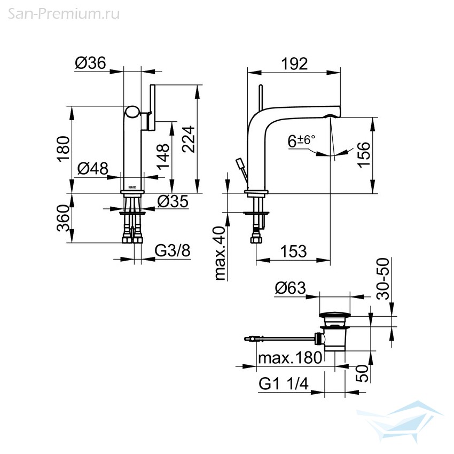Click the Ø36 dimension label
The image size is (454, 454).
[91, 63]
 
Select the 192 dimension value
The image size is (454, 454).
[294, 64]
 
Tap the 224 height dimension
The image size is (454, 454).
[189, 139]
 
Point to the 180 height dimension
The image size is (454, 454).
[64, 149]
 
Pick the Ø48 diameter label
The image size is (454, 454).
[92, 168]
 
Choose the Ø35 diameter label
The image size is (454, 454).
[173, 201]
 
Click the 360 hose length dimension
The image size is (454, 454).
[64, 218]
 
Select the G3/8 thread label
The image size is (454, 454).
[173, 251]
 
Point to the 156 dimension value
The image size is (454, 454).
[364, 154]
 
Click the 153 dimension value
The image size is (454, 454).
[293, 252]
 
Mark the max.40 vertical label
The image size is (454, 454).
[220, 253]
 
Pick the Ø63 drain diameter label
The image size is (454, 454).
[291, 288]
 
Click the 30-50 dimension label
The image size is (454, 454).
[383, 278]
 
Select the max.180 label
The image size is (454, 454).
[290, 358]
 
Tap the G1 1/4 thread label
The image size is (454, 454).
[284, 384]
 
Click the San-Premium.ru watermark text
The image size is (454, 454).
[64, 14]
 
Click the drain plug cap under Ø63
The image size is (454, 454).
[334, 315]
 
